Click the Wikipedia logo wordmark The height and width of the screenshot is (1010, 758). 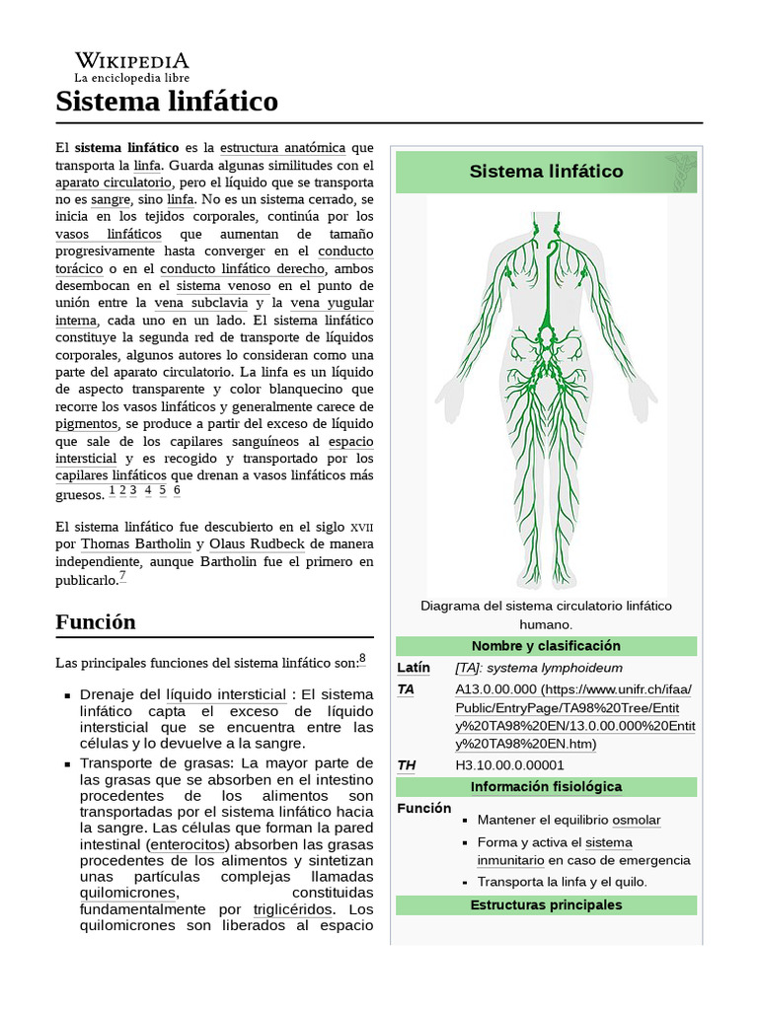[x=132, y=61]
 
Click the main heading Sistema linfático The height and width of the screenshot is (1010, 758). [x=167, y=101]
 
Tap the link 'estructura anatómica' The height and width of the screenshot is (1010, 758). [x=282, y=147]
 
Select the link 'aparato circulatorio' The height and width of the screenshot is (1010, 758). [x=114, y=182]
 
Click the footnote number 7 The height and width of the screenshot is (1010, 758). [x=122, y=577]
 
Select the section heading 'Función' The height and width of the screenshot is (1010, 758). [x=96, y=622]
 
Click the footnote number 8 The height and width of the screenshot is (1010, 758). [x=362, y=658]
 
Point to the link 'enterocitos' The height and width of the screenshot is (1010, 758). [x=188, y=845]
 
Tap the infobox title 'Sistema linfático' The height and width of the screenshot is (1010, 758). [x=546, y=172]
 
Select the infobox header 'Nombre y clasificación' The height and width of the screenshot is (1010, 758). [x=546, y=646]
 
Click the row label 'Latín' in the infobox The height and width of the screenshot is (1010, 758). [x=414, y=668]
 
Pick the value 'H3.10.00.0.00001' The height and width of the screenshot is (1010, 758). [x=509, y=764]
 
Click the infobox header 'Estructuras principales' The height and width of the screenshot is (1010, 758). [x=546, y=904]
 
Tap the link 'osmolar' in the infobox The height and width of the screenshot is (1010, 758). [x=636, y=820]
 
